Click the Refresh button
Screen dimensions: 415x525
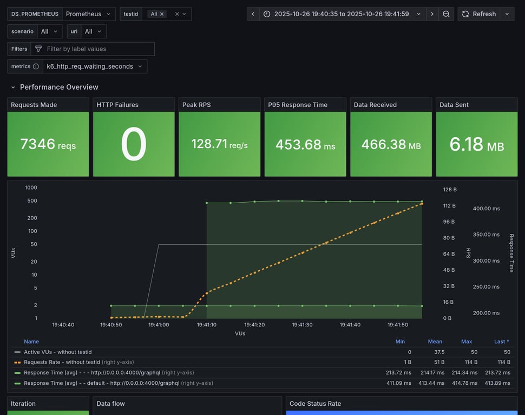[x=478, y=14]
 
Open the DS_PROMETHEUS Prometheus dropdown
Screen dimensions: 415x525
[x=89, y=14]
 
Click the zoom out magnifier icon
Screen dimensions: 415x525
[x=446, y=14]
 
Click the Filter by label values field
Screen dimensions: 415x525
[x=97, y=49]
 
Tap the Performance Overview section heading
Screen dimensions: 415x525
[x=59, y=87]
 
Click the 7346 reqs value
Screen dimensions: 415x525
[x=48, y=144]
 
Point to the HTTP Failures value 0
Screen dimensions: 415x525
[x=134, y=144]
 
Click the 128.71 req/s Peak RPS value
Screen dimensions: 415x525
[x=219, y=144]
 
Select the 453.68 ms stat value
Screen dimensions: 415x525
[x=305, y=144]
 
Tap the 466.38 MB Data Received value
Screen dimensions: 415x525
[x=391, y=144]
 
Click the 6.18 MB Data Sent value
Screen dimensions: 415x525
[x=476, y=144]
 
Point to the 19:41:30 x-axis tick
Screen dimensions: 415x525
[x=302, y=325]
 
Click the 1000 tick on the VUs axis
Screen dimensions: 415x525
[x=31, y=188]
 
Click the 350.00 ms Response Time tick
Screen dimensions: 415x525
[x=486, y=235]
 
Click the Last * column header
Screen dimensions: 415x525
[x=501, y=342]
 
